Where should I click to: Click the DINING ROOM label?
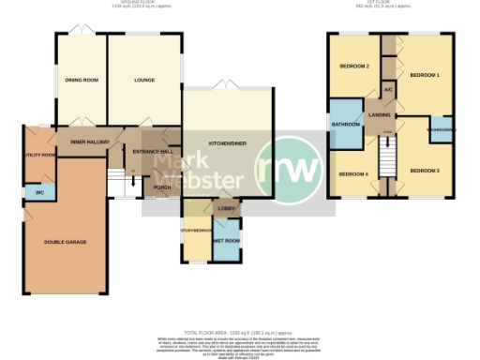pyautogui.click(x=82, y=80)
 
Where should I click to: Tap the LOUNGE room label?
pyautogui.click(x=143, y=80)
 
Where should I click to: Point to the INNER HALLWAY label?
pyautogui.click(x=90, y=142)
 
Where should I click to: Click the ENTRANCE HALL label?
pyautogui.click(x=151, y=151)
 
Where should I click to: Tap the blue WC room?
pyautogui.click(x=40, y=192)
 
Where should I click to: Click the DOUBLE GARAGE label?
pyautogui.click(x=65, y=242)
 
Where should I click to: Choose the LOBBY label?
pyautogui.click(x=225, y=208)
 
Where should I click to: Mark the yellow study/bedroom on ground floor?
pyautogui.click(x=196, y=240)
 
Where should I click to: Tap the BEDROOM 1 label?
pyautogui.click(x=425, y=74)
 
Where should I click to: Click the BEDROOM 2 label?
pyautogui.click(x=353, y=67)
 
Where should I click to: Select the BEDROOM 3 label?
pyautogui.click(x=425, y=170)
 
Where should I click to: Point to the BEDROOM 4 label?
pyautogui.click(x=353, y=174)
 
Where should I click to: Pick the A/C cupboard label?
pyautogui.click(x=388, y=90)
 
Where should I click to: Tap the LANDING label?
pyautogui.click(x=380, y=114)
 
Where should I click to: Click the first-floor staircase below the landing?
pyautogui.click(x=388, y=159)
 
